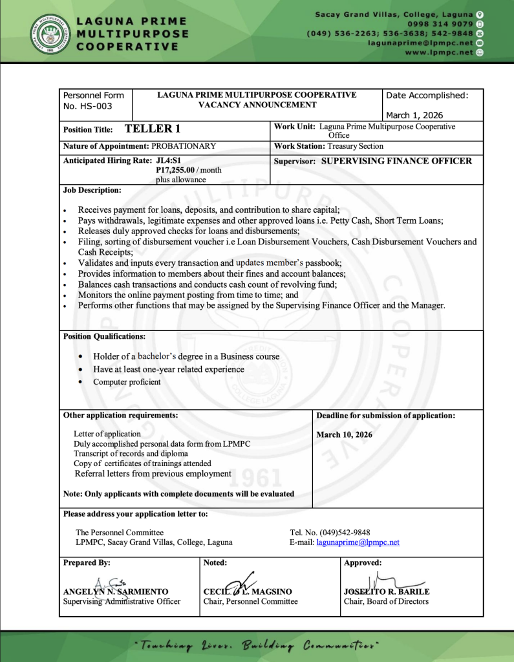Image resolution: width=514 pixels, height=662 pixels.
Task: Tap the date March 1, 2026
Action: click(414, 115)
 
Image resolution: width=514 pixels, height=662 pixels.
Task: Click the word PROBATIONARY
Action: click(184, 146)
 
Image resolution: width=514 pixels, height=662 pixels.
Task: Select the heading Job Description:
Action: click(92, 190)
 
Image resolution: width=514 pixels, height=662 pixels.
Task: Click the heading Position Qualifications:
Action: click(104, 336)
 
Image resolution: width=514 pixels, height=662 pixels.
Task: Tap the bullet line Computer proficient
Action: click(127, 381)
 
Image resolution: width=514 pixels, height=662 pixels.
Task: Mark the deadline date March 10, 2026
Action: click(344, 434)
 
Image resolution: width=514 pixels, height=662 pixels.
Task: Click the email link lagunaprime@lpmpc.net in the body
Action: click(358, 542)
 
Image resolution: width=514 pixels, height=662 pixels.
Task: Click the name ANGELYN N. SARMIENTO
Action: click(116, 592)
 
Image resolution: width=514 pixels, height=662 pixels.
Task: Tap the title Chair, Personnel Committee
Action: click(250, 601)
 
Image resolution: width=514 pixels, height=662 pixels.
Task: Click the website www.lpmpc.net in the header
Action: click(439, 52)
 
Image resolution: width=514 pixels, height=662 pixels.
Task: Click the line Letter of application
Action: click(107, 434)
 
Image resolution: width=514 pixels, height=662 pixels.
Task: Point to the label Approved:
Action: click(363, 562)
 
